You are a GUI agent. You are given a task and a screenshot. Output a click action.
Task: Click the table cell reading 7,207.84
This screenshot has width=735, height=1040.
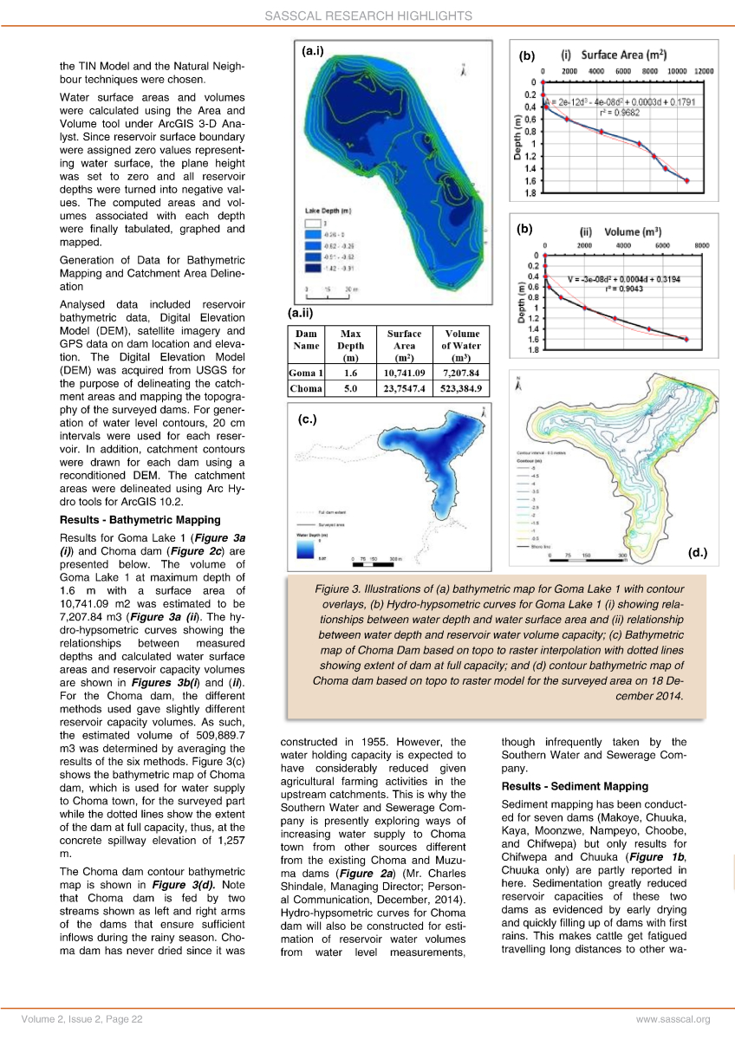coord(462,374)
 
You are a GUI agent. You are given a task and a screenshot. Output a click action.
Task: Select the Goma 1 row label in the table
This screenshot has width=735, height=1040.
coord(305,374)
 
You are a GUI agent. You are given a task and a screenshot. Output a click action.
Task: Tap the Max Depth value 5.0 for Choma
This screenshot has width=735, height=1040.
coord(350,389)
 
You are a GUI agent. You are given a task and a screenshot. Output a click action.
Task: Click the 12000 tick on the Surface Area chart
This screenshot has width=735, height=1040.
coord(703,70)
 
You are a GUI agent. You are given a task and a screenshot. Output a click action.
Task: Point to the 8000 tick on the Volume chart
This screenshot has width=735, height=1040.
coord(702,245)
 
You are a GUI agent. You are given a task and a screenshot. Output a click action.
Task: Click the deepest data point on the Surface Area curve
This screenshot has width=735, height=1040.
coord(687,180)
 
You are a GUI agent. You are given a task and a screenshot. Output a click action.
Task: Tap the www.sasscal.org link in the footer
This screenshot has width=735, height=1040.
coord(673,1020)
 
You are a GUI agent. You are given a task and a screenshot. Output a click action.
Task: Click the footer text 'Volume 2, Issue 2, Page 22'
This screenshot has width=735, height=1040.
coord(83,1020)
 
